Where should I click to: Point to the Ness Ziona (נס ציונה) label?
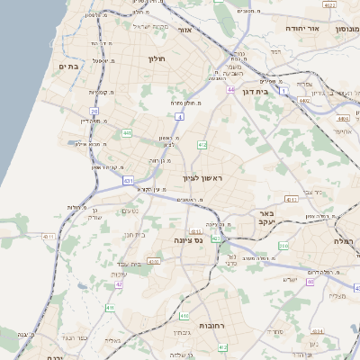[x=188, y=241]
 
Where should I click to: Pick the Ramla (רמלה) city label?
[x=346, y=241]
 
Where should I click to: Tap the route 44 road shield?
[x=231, y=90]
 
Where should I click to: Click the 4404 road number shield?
[x=342, y=118]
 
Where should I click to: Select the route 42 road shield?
[x=119, y=284]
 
